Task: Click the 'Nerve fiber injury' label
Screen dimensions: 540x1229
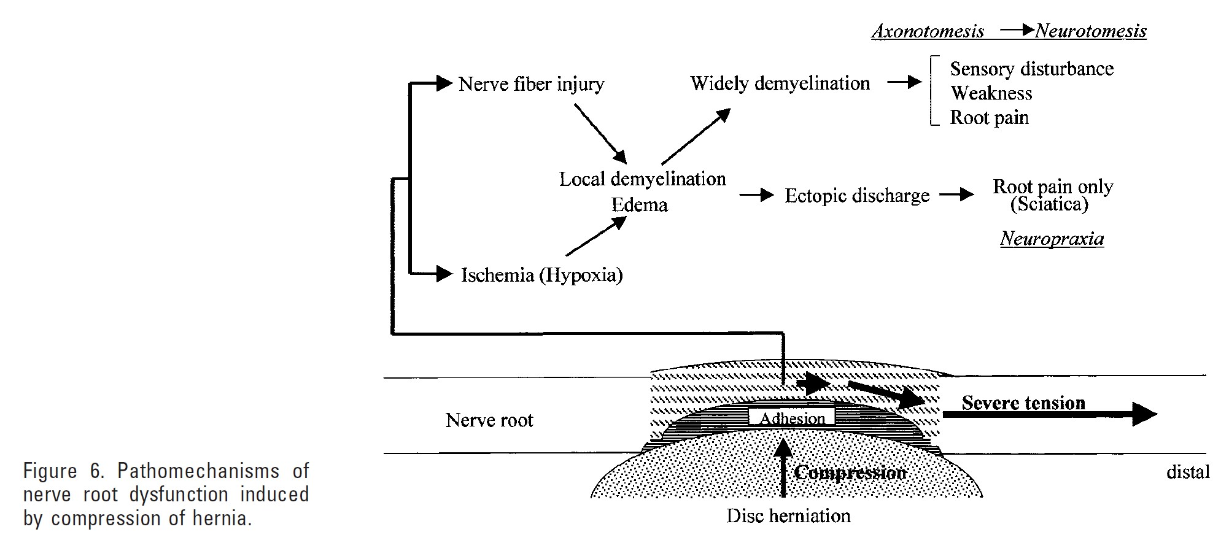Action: pyautogui.click(x=531, y=84)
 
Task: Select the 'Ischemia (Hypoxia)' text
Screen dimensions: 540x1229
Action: pyautogui.click(x=541, y=274)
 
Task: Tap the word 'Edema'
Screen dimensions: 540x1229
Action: pyautogui.click(x=639, y=204)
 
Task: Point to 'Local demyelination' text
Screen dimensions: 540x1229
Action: pyautogui.click(x=642, y=179)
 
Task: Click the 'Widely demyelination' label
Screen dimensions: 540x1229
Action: pyautogui.click(x=780, y=83)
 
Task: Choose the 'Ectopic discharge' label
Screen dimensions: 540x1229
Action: pyautogui.click(x=857, y=196)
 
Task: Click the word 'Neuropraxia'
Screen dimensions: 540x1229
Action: pyautogui.click(x=1052, y=239)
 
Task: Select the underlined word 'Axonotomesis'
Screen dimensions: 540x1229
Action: pyautogui.click(x=928, y=31)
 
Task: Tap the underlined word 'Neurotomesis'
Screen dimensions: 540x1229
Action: pyautogui.click(x=1091, y=31)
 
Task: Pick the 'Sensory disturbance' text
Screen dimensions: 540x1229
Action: pyautogui.click(x=1031, y=69)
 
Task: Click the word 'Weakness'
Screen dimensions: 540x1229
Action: pyautogui.click(x=991, y=93)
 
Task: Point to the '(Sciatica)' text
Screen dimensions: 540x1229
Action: pyautogui.click(x=1049, y=204)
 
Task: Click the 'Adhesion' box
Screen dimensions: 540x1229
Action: pyautogui.click(x=792, y=418)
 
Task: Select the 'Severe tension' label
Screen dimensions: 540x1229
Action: pyautogui.click(x=1023, y=403)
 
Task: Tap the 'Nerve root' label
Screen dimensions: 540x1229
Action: pyautogui.click(x=489, y=420)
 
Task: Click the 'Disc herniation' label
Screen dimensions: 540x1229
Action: pyautogui.click(x=788, y=516)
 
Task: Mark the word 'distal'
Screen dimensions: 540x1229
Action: pyautogui.click(x=1187, y=472)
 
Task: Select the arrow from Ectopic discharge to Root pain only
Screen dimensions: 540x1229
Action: pyautogui.click(x=956, y=195)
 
